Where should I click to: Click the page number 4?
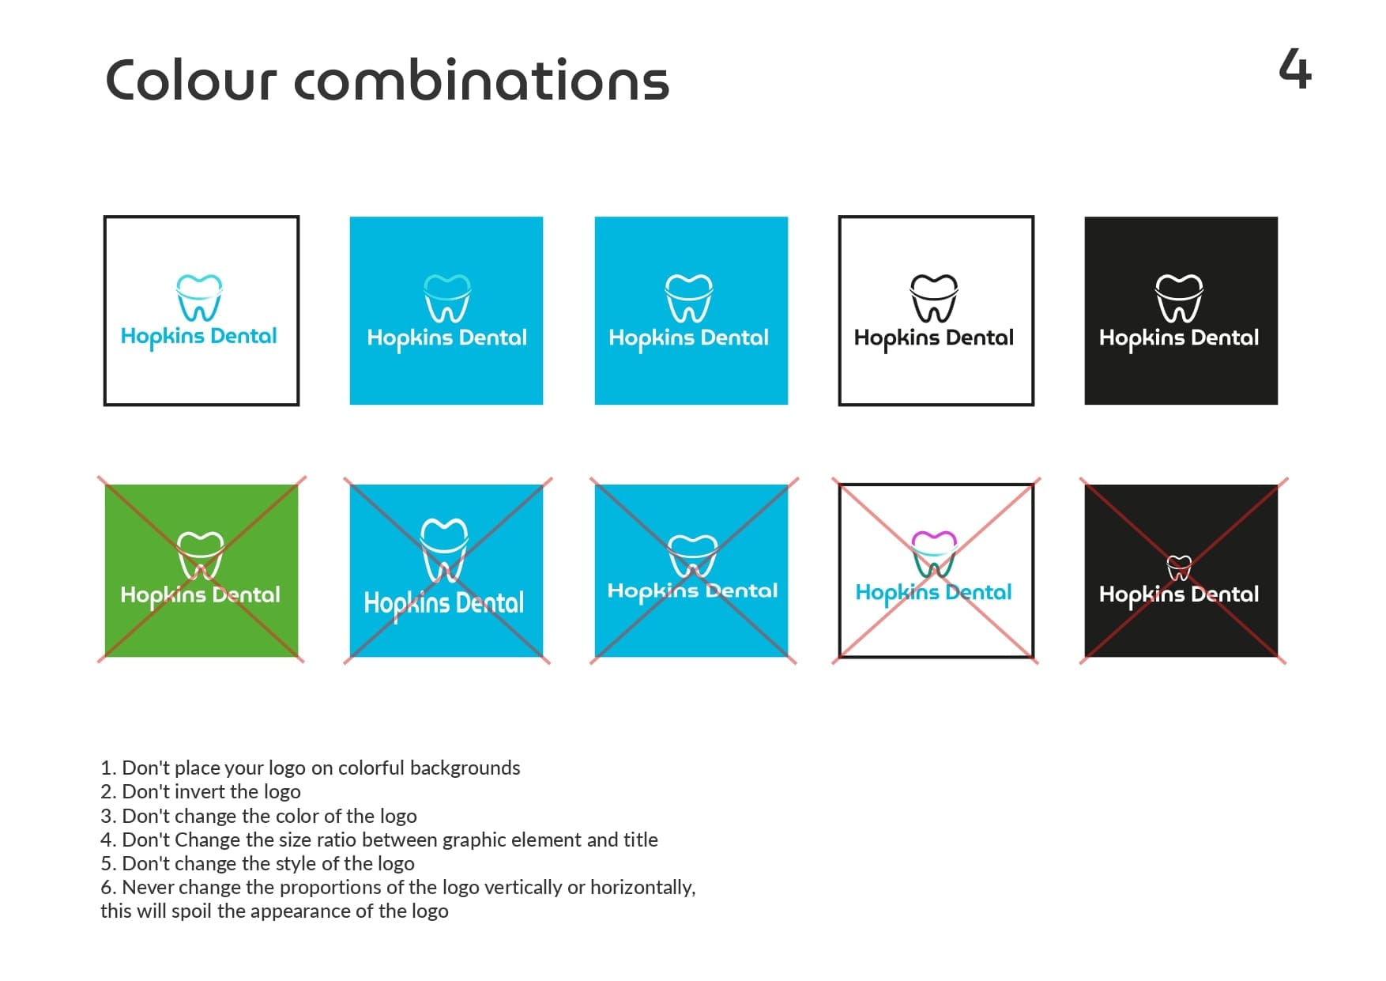click(1295, 69)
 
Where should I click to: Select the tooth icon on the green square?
click(200, 556)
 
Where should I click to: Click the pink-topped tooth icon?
click(934, 554)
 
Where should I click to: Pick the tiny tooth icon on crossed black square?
click(1179, 568)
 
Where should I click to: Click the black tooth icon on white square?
click(934, 298)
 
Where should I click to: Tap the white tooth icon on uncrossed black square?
click(1179, 298)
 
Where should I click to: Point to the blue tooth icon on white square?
click(199, 298)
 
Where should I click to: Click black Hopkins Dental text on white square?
click(934, 338)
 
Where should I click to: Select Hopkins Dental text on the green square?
click(200, 595)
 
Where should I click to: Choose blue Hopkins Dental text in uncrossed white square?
click(199, 337)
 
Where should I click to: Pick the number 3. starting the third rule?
click(109, 816)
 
